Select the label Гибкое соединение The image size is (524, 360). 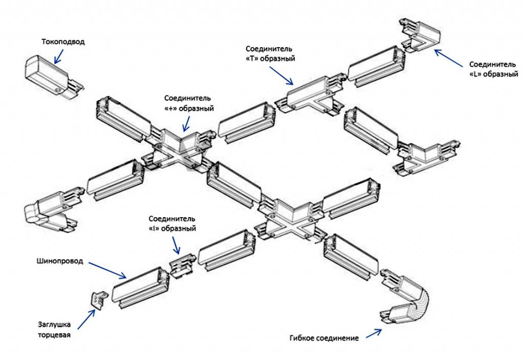pos(324,338)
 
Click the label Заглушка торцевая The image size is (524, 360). pos(54,330)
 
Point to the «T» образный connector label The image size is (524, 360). pos(269,53)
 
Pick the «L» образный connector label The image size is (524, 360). pos(494,69)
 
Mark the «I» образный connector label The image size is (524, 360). pos(172,223)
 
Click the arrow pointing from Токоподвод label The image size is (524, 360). pos(58,56)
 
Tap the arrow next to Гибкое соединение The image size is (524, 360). pos(373,333)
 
